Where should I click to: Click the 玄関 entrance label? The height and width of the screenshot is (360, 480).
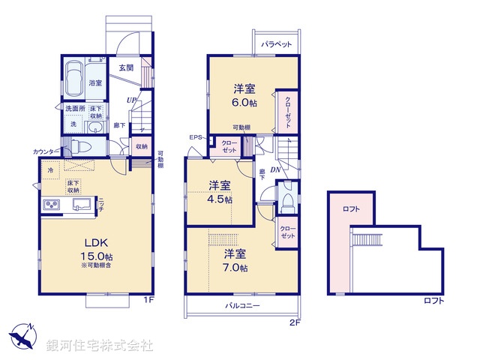click(125, 67)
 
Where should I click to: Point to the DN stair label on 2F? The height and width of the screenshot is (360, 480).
click(276, 170)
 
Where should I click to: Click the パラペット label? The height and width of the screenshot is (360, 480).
click(277, 45)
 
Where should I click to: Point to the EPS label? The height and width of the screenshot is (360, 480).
click(196, 137)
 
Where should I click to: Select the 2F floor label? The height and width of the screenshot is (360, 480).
click(295, 322)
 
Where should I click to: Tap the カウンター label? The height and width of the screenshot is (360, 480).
click(43, 151)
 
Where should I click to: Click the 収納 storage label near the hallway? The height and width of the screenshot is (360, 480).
click(141, 146)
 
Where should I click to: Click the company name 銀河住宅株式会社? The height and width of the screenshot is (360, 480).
click(99, 345)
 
